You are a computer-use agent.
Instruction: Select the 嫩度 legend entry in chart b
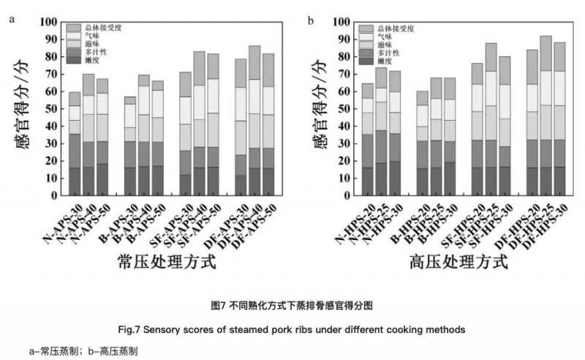[x=388, y=61]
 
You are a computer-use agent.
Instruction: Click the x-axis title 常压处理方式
[x=166, y=261]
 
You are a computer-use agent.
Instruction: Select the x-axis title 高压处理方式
[x=458, y=261]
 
